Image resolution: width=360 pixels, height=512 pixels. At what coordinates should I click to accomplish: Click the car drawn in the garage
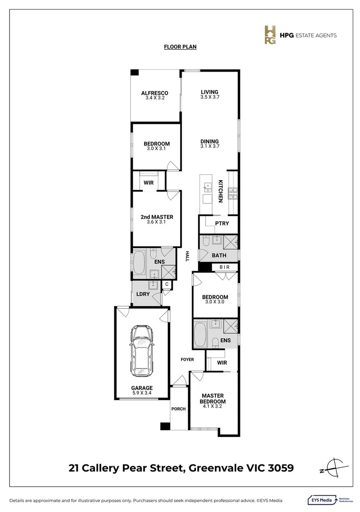click(142, 350)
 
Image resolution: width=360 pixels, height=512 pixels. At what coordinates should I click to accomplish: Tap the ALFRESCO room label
click(155, 93)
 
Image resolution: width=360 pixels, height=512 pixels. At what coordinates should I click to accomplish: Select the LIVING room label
click(209, 92)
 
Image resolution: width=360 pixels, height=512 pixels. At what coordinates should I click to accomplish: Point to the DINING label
click(209, 141)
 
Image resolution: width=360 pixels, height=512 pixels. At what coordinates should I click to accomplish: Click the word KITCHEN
click(221, 191)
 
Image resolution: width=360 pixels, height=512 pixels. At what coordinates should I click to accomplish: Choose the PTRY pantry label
click(222, 223)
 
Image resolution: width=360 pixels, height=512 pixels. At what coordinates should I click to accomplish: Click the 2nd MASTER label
click(157, 217)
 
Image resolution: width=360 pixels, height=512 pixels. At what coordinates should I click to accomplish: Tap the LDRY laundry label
click(143, 294)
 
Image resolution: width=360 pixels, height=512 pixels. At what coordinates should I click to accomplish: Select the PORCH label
click(178, 409)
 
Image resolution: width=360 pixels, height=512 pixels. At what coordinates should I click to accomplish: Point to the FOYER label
click(187, 359)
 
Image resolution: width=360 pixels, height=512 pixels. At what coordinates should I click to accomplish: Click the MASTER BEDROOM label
click(212, 398)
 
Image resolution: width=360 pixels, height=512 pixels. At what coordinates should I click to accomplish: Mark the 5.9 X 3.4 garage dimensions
click(142, 393)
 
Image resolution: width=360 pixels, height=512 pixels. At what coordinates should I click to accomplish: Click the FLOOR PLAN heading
click(180, 46)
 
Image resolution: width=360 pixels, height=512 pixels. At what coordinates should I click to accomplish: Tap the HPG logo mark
click(270, 35)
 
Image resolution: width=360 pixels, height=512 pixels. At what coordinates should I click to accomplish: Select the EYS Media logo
click(323, 500)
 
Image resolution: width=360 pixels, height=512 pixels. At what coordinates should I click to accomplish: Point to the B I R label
click(225, 267)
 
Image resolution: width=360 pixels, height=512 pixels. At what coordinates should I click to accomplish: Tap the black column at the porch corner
click(165, 426)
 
